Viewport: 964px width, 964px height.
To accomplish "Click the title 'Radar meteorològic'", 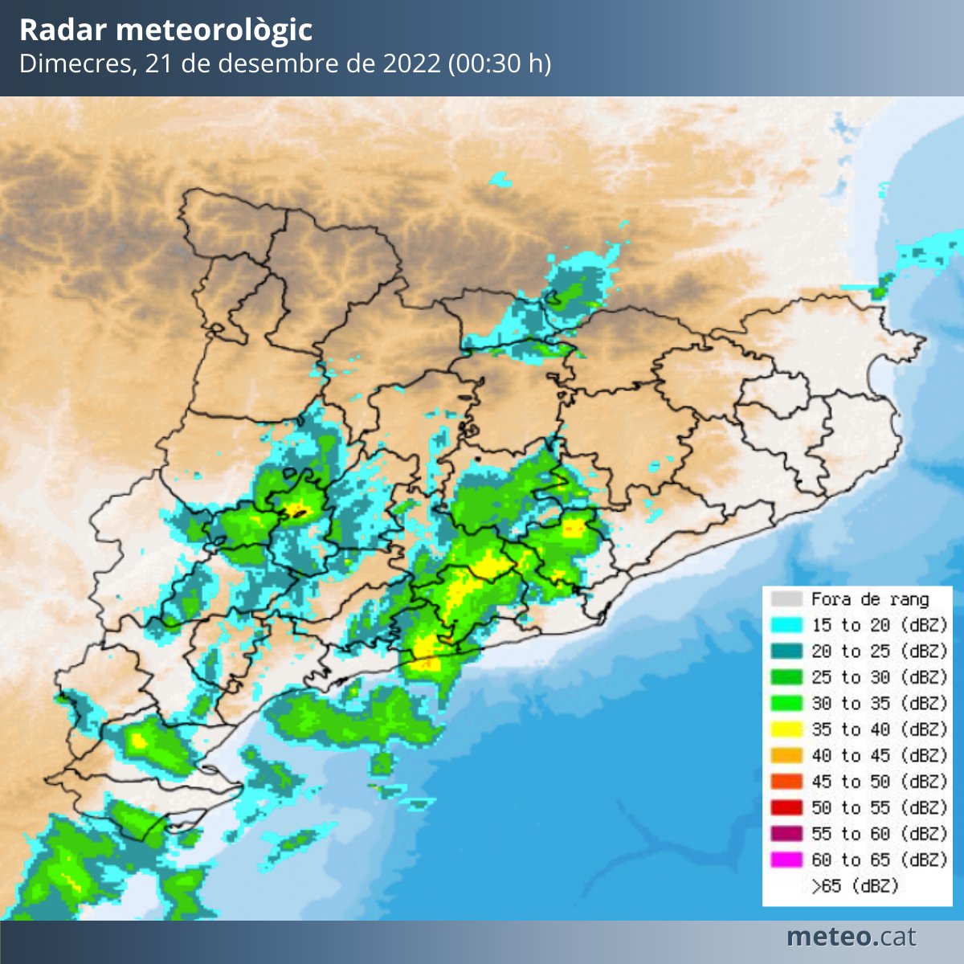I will tap(165, 31).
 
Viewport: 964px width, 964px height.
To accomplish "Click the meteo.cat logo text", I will tap(851, 937).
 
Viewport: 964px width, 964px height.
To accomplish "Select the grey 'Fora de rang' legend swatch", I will tap(786, 599).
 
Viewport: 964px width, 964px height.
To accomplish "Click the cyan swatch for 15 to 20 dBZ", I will tap(786, 625).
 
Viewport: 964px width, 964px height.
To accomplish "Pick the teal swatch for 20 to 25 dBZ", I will tap(786, 651).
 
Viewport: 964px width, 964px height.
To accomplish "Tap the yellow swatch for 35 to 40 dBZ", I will tap(786, 729).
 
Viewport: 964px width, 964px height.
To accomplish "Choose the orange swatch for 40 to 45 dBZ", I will tap(786, 755).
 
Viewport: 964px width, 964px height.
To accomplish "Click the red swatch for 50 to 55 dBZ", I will tap(786, 807).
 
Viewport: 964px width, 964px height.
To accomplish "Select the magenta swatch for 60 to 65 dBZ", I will tap(786, 860).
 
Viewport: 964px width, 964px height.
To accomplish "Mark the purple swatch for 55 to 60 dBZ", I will tap(786, 834).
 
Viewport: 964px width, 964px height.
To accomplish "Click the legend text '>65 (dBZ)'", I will tap(855, 886).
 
